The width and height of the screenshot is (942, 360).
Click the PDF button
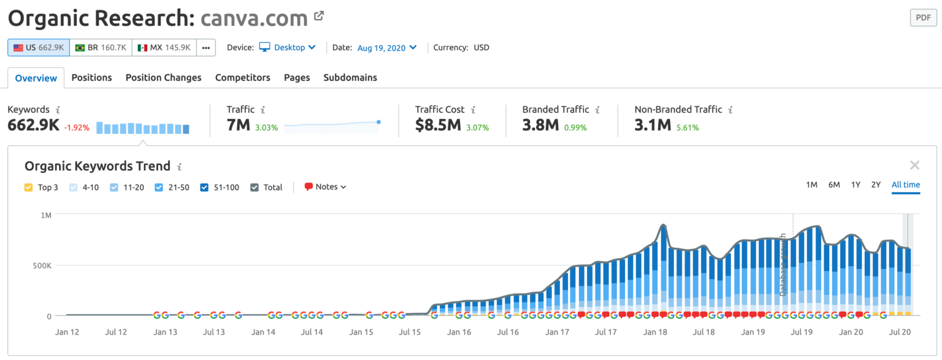[x=923, y=18]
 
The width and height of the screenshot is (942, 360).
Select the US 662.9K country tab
[x=38, y=47]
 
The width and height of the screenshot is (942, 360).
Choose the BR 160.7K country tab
[x=101, y=47]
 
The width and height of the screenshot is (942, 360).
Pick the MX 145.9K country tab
[x=164, y=47]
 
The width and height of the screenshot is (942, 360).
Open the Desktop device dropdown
[x=288, y=47]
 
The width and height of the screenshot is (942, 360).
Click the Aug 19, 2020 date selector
[x=387, y=47]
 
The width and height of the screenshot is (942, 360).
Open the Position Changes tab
[x=163, y=77]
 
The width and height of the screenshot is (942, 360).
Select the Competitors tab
[x=242, y=77]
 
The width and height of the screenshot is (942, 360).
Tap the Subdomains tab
[x=350, y=77]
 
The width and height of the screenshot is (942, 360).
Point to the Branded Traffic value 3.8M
[x=540, y=126]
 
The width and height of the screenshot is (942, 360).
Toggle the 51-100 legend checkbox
[x=205, y=187]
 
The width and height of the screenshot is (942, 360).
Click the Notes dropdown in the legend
[x=326, y=187]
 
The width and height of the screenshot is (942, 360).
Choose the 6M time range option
[x=834, y=185]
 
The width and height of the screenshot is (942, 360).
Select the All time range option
[x=906, y=185]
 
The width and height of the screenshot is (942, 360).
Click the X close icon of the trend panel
[x=914, y=165]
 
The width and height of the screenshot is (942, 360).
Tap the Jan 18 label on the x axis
[x=655, y=332]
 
